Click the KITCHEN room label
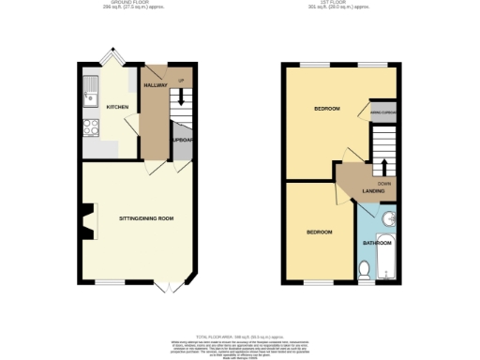pyautogui.click(x=117, y=107)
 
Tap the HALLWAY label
pyautogui.click(x=155, y=85)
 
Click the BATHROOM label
pyautogui.click(x=377, y=243)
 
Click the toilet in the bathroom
pyautogui.click(x=365, y=270)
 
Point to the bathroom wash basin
pyautogui.click(x=393, y=221)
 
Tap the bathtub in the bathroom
pyautogui.click(x=390, y=258)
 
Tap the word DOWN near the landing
pyautogui.click(x=383, y=184)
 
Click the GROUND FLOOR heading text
pyautogui.click(x=111, y=4)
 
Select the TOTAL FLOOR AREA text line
pyautogui.click(x=240, y=335)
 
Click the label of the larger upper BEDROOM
pyautogui.click(x=325, y=110)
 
